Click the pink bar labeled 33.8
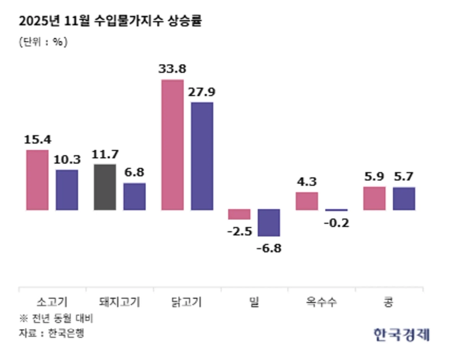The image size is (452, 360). pyautogui.click(x=172, y=145)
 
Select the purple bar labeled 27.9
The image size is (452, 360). pyautogui.click(x=202, y=156)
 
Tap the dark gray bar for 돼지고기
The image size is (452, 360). pyautogui.click(x=105, y=187)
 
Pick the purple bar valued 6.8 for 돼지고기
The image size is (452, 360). pyautogui.click(x=134, y=196)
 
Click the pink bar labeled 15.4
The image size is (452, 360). pyautogui.click(x=37, y=180)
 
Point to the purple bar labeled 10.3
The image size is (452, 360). pyautogui.click(x=67, y=190)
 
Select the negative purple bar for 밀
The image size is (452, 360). pyautogui.click(x=269, y=223)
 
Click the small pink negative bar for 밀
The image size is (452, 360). pyautogui.click(x=240, y=214)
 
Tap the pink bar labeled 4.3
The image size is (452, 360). pyautogui.click(x=307, y=201)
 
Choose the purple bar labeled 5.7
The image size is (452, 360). pyautogui.click(x=403, y=198)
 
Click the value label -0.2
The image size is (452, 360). pyautogui.click(x=337, y=223)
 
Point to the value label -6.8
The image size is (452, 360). pyautogui.click(x=269, y=248)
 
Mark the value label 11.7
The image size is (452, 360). pyautogui.click(x=105, y=154)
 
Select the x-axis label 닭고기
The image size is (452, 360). pyautogui.click(x=186, y=301)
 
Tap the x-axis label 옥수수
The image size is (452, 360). pyautogui.click(x=321, y=301)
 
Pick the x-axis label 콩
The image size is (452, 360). pyautogui.click(x=389, y=301)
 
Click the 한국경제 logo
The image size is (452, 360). pyautogui.click(x=401, y=334)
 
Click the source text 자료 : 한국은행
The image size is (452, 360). pyautogui.click(x=51, y=333)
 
